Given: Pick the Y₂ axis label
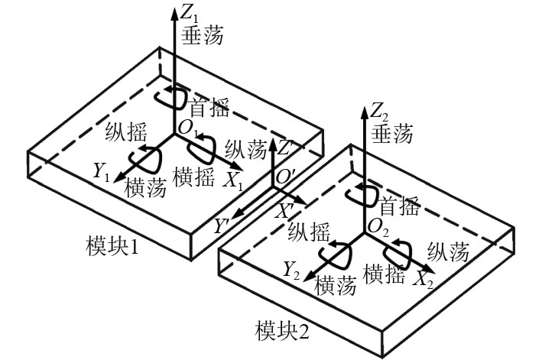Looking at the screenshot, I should coord(291,269).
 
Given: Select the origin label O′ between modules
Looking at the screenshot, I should coord(287,177).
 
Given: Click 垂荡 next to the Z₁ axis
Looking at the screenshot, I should coord(200,37).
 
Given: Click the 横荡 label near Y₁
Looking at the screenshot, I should coord(146,186).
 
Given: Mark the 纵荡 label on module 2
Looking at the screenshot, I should coord(450,251).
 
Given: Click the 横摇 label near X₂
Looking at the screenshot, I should coord(384,272).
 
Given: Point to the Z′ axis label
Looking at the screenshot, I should coord(285,146).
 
